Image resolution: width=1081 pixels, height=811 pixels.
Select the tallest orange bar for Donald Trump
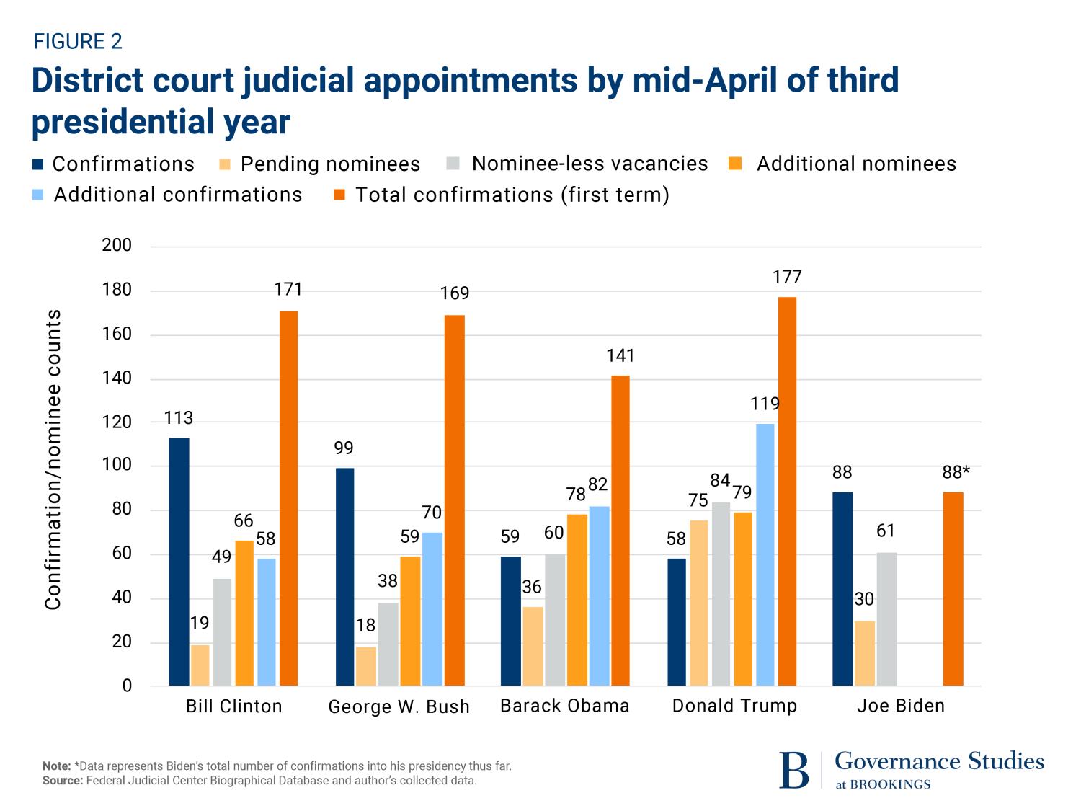click(x=787, y=491)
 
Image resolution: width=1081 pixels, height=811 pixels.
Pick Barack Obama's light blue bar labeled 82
click(x=599, y=595)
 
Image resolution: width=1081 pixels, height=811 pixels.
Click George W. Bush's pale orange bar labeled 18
click(x=366, y=666)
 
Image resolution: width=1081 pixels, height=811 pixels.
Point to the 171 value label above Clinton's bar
click(x=288, y=289)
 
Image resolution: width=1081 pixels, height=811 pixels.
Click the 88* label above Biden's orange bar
click(x=956, y=472)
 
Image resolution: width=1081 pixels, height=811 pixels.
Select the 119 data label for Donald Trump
click(x=765, y=404)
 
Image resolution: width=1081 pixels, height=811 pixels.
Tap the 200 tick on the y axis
click(x=117, y=245)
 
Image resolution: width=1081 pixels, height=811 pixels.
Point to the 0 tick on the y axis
click(x=127, y=686)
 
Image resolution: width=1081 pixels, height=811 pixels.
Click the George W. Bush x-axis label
click(x=399, y=706)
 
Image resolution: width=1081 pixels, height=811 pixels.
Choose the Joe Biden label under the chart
click(x=900, y=706)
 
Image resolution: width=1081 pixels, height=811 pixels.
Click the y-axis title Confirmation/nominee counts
click(x=53, y=460)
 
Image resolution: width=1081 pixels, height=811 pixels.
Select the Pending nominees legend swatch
click(x=225, y=164)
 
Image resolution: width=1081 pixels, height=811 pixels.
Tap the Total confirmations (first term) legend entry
click(x=512, y=195)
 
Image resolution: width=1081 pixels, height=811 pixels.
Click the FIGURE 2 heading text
click(x=78, y=42)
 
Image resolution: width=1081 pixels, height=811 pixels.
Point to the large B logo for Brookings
click(x=793, y=771)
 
